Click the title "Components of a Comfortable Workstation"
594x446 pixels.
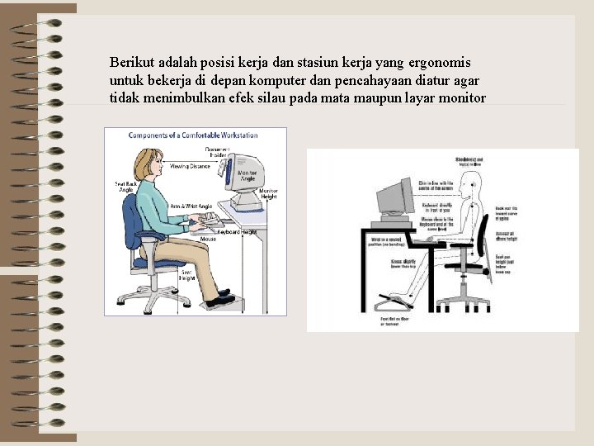[x=193, y=135]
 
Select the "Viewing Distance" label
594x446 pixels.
[x=191, y=166]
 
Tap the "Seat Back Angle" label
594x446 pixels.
[x=124, y=187]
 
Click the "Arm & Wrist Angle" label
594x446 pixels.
[x=191, y=206]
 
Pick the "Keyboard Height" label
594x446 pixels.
[x=237, y=232]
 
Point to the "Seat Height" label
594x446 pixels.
[x=187, y=275]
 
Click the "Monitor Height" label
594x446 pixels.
[x=268, y=193]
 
